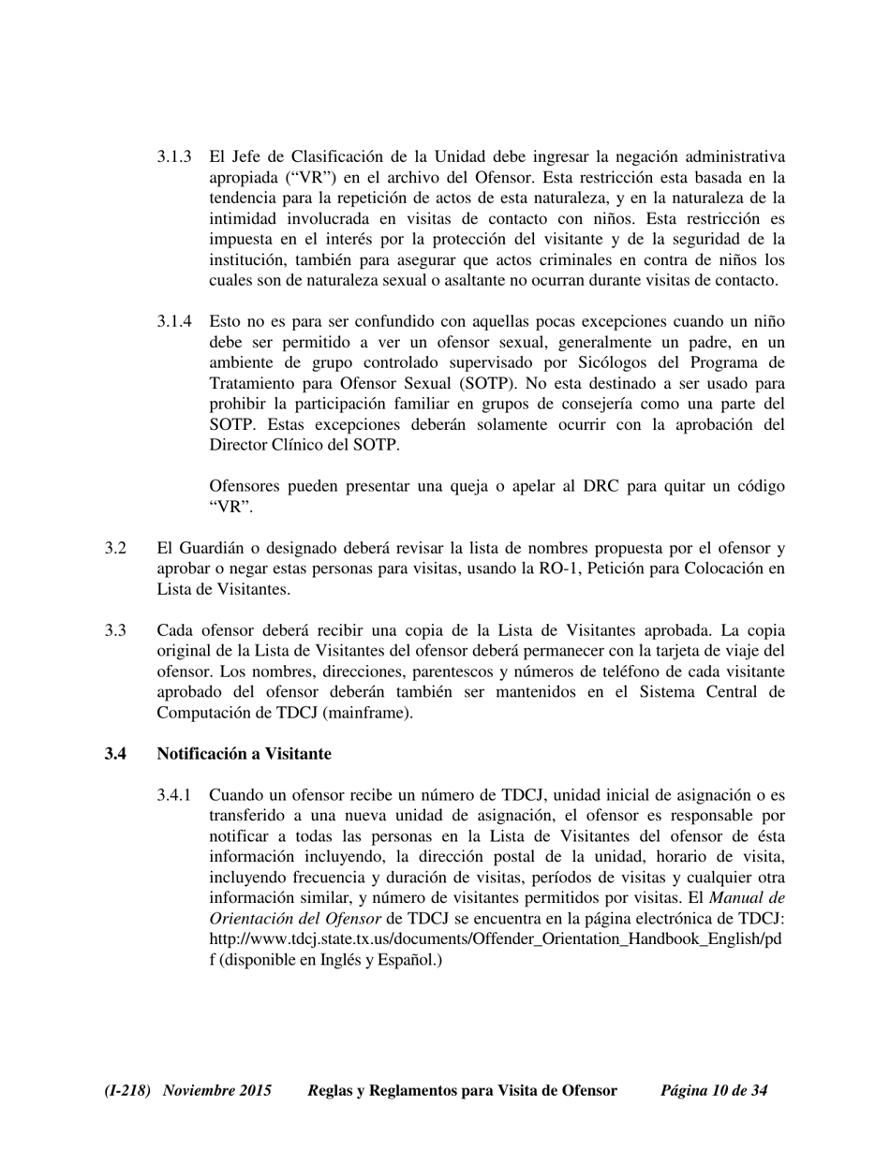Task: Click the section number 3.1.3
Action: (174, 156)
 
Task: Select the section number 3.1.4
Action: (174, 321)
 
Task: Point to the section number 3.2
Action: (115, 548)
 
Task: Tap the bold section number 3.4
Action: (115, 754)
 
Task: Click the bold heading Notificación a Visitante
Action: (244, 754)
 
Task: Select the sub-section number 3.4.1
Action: (174, 795)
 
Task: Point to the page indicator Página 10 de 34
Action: (714, 1091)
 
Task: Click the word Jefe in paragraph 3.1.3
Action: (250, 156)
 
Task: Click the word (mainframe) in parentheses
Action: (368, 713)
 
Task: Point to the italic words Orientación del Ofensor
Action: (295, 919)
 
